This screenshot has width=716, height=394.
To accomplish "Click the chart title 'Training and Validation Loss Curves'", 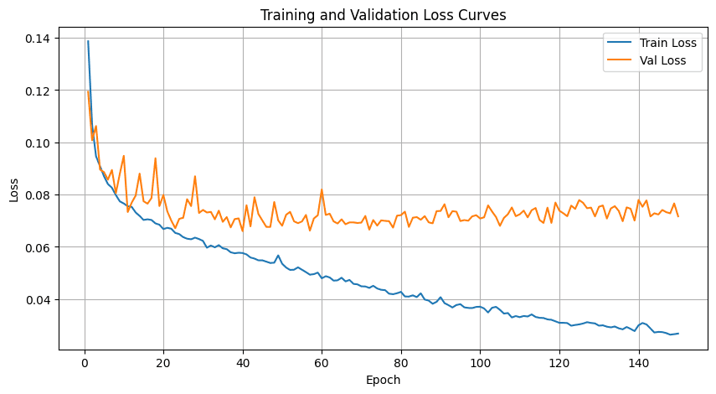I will coord(384,14).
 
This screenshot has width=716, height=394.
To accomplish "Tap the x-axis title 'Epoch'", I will coord(382,380).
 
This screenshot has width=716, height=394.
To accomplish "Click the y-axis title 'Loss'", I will coord(13,190).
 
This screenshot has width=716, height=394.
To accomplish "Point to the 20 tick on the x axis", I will coord(163,363).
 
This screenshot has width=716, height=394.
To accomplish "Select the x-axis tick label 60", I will coord(322,363).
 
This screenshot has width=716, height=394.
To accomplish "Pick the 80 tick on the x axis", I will coord(401,363).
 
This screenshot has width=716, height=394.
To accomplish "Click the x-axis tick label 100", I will coord(480,363).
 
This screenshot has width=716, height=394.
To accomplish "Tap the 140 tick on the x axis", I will coord(638,363).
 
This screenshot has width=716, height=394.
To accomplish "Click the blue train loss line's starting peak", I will coord(88,41).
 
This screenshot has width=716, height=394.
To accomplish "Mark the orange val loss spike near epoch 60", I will coord(322,189).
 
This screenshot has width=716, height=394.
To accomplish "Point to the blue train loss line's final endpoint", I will coord(678,334).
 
